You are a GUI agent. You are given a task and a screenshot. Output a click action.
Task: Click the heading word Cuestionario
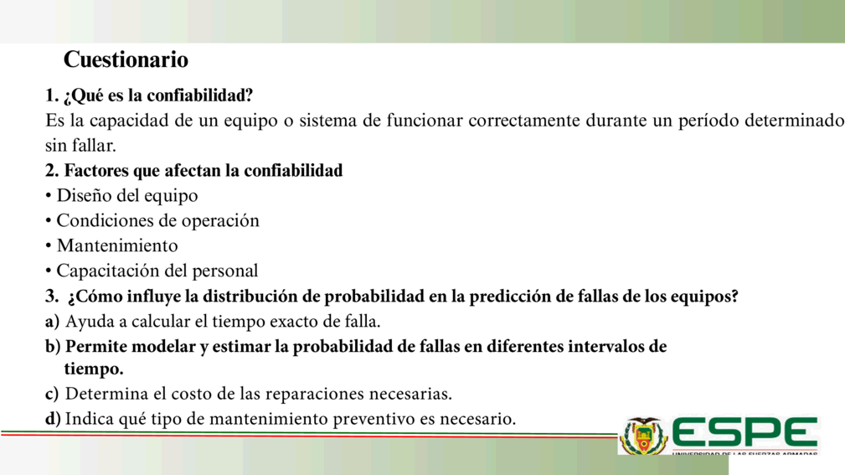click(x=126, y=59)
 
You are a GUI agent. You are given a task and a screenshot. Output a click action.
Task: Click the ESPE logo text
click(x=745, y=432)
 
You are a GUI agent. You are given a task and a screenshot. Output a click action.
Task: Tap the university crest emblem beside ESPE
click(x=643, y=436)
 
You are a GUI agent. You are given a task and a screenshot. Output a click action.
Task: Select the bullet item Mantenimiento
click(x=117, y=245)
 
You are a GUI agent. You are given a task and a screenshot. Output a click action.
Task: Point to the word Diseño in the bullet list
click(x=84, y=196)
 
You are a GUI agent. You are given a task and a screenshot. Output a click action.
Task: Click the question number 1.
click(x=51, y=96)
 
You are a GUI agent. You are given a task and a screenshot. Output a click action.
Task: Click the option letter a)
click(x=52, y=322)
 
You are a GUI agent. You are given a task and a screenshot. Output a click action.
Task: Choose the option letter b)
click(x=53, y=346)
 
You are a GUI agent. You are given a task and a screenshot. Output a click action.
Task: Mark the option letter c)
click(x=52, y=394)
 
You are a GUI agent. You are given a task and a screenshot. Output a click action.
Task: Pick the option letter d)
click(x=53, y=418)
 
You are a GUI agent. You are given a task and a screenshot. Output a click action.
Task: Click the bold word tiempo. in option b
click(x=94, y=369)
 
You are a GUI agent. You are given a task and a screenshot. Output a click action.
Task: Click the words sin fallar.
click(x=80, y=146)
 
